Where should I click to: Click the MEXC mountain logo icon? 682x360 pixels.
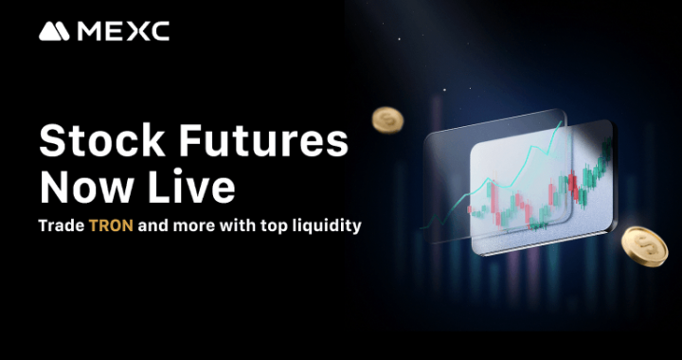coord(54,31)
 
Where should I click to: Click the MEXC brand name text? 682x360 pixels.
coord(123,31)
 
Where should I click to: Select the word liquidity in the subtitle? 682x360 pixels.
coord(326,228)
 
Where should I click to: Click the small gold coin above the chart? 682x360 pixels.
coord(386,119)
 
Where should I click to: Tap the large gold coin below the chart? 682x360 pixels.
coord(644,244)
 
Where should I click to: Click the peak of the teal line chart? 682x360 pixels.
coord(563,123)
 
